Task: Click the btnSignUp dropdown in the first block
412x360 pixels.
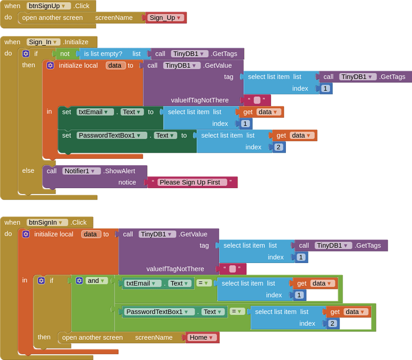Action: click(x=48, y=6)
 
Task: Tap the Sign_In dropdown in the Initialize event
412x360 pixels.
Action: click(x=43, y=42)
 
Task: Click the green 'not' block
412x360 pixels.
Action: click(x=65, y=54)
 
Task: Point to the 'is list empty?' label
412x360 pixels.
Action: click(x=103, y=54)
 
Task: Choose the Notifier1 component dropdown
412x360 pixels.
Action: click(x=82, y=171)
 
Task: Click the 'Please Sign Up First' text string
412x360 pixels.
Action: click(x=192, y=182)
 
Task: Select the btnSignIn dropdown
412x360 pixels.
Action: click(x=47, y=222)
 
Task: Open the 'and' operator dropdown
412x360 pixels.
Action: click(x=97, y=281)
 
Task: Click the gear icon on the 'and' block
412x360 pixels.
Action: click(x=79, y=281)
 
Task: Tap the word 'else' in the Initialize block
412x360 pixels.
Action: click(x=28, y=171)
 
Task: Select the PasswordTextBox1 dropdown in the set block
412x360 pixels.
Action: click(x=112, y=135)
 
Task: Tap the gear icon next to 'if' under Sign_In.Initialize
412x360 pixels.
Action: click(x=26, y=54)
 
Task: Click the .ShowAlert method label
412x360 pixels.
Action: click(x=119, y=171)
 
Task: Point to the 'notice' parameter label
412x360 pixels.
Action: click(x=127, y=182)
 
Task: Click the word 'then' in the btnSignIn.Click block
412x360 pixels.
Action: click(x=44, y=337)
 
